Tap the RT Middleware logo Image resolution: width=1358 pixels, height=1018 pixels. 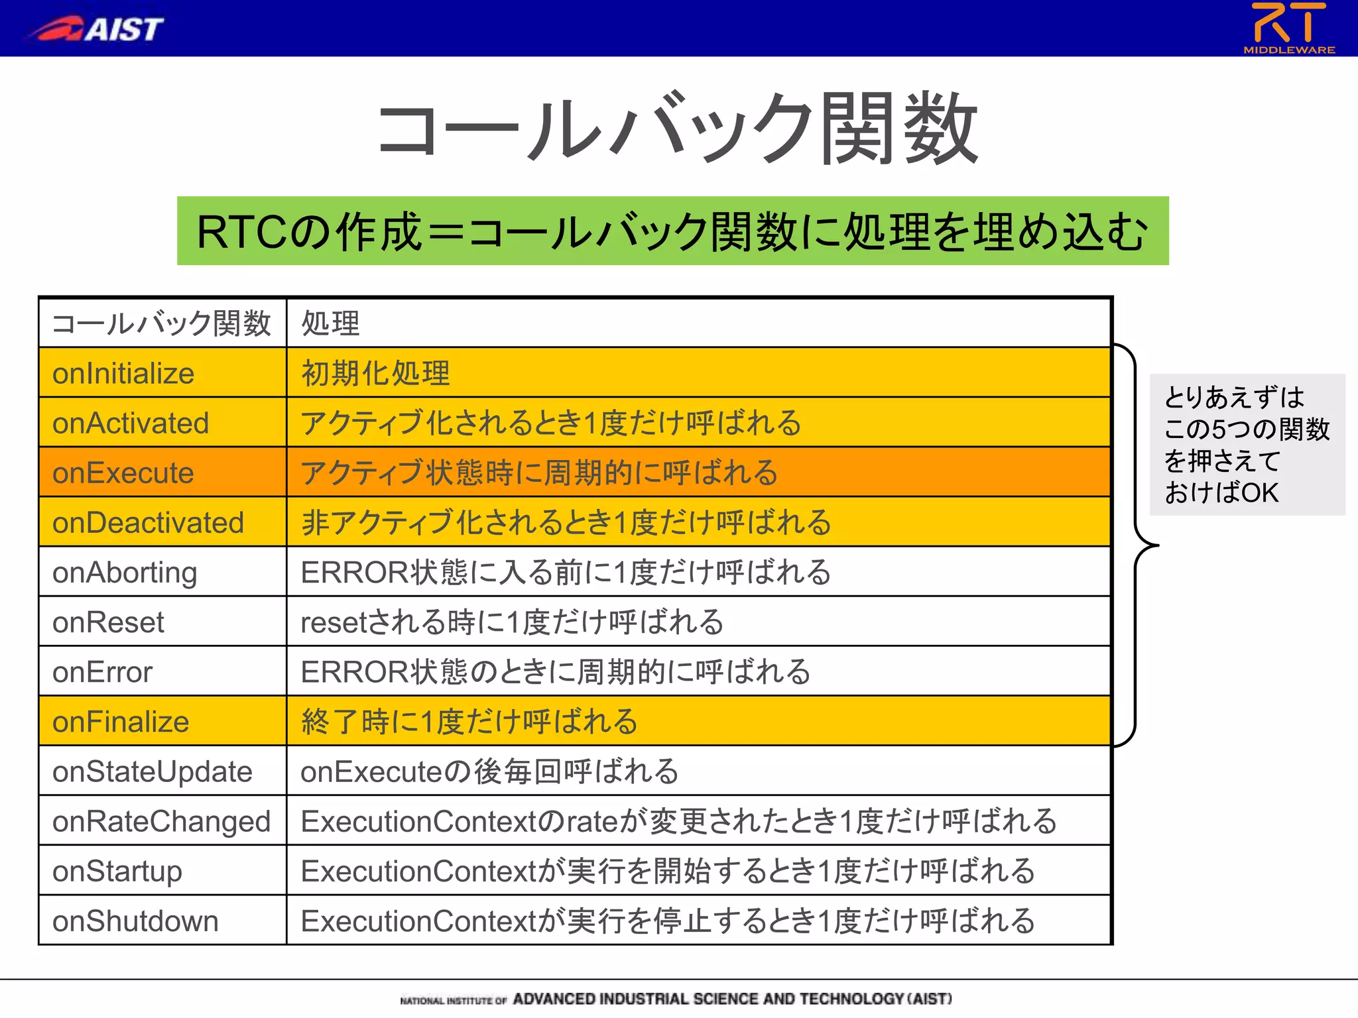click(1288, 28)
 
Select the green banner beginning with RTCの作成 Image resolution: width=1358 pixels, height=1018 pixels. click(672, 231)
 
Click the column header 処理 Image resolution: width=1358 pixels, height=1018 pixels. click(330, 323)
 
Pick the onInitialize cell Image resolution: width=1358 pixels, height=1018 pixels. click(123, 374)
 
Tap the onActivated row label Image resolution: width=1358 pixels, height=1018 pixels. click(131, 424)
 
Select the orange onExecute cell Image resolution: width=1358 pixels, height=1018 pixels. click(123, 473)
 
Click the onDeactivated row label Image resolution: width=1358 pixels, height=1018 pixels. click(148, 523)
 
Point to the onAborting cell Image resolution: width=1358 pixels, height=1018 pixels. click(125, 573)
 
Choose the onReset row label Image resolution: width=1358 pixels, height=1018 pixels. click(108, 622)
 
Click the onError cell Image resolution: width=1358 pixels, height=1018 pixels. click(102, 672)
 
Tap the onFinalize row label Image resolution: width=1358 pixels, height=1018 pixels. click(121, 722)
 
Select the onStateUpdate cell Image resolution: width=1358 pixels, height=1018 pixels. click(152, 771)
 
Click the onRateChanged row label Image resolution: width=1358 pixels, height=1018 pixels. click(161, 821)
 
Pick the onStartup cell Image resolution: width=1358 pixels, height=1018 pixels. click(117, 871)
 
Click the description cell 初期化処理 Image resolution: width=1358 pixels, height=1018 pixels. click(375, 374)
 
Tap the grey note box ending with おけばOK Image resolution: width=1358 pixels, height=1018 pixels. click(1247, 445)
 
